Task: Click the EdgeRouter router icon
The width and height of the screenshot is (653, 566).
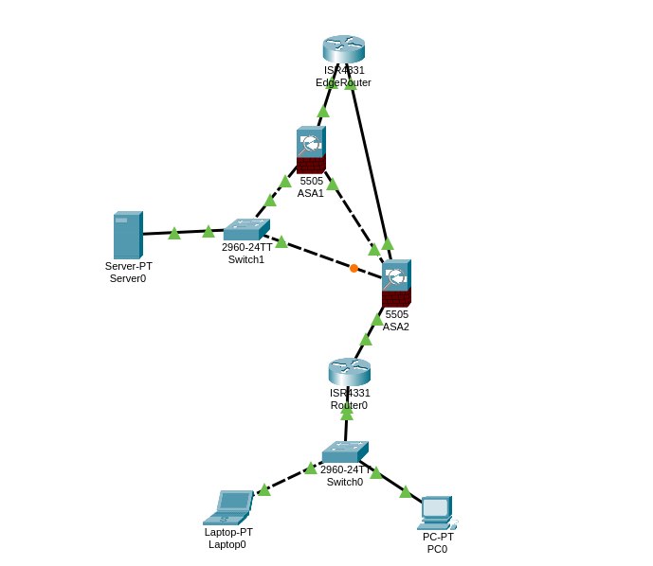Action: pyautogui.click(x=343, y=48)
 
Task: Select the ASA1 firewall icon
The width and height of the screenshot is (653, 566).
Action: pyautogui.click(x=310, y=150)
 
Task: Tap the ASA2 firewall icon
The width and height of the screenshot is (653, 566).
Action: pyautogui.click(x=396, y=282)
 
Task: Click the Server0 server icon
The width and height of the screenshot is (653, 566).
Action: pyautogui.click(x=127, y=235)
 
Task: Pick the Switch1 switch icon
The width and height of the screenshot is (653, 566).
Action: pyautogui.click(x=246, y=229)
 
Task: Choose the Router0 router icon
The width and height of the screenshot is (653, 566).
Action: pyautogui.click(x=349, y=371)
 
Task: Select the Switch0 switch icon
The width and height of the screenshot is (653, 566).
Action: pyautogui.click(x=344, y=451)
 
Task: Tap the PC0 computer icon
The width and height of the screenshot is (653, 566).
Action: pyautogui.click(x=436, y=512)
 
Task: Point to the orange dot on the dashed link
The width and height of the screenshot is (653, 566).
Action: pyautogui.click(x=354, y=268)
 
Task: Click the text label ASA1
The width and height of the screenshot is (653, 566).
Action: pyautogui.click(x=311, y=193)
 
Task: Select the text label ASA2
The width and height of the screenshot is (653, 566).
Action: pyautogui.click(x=396, y=327)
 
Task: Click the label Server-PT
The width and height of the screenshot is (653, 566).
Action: pyautogui.click(x=128, y=266)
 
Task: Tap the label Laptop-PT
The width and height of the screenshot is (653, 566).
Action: pyautogui.click(x=228, y=532)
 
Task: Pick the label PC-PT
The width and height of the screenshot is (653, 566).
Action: pyautogui.click(x=438, y=537)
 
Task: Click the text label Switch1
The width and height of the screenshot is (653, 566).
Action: pyautogui.click(x=246, y=259)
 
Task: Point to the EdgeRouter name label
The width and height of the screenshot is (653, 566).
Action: pyautogui.click(x=343, y=82)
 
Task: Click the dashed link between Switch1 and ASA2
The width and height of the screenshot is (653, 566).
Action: pyautogui.click(x=317, y=255)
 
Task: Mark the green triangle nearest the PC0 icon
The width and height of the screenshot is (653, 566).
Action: pyautogui.click(x=406, y=491)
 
